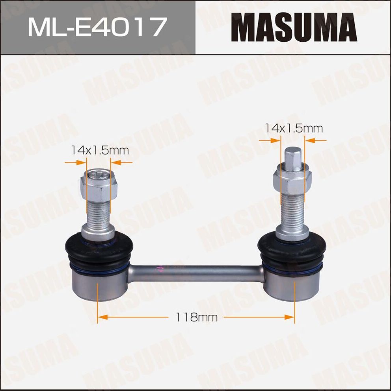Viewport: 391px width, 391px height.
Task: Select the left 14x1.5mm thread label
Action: pyautogui.click(x=100, y=150)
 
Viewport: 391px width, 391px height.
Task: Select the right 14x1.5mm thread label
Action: pyautogui.click(x=294, y=128)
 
